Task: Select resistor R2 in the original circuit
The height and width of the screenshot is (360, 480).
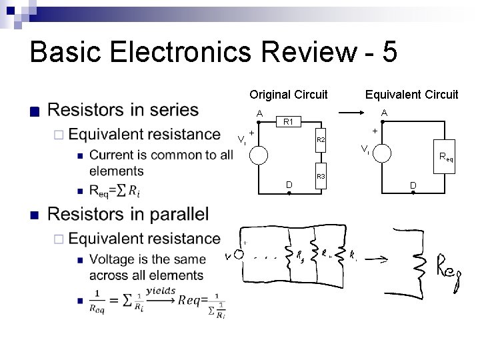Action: pyautogui.click(x=320, y=141)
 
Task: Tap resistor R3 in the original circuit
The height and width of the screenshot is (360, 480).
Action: pyautogui.click(x=320, y=176)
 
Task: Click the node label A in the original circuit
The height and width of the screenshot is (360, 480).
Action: pyautogui.click(x=259, y=113)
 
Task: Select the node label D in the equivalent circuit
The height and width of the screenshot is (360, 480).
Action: pyautogui.click(x=413, y=185)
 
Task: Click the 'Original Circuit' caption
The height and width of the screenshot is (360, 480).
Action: pyautogui.click(x=289, y=94)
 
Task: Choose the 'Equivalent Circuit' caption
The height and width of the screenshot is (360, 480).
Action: pyautogui.click(x=411, y=94)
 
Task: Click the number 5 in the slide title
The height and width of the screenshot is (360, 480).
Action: pyautogui.click(x=391, y=52)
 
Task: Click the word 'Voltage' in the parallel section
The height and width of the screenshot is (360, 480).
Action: pyautogui.click(x=114, y=259)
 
